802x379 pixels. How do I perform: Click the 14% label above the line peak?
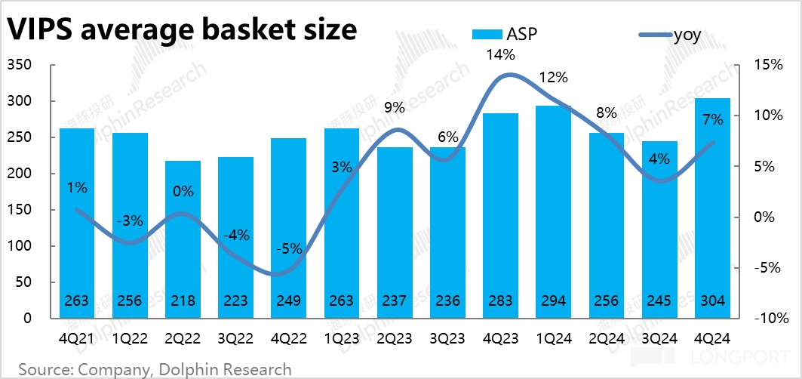(500, 54)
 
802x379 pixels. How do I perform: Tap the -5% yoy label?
(288, 248)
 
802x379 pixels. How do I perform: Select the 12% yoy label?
(553, 77)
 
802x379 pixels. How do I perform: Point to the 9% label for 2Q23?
(394, 108)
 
